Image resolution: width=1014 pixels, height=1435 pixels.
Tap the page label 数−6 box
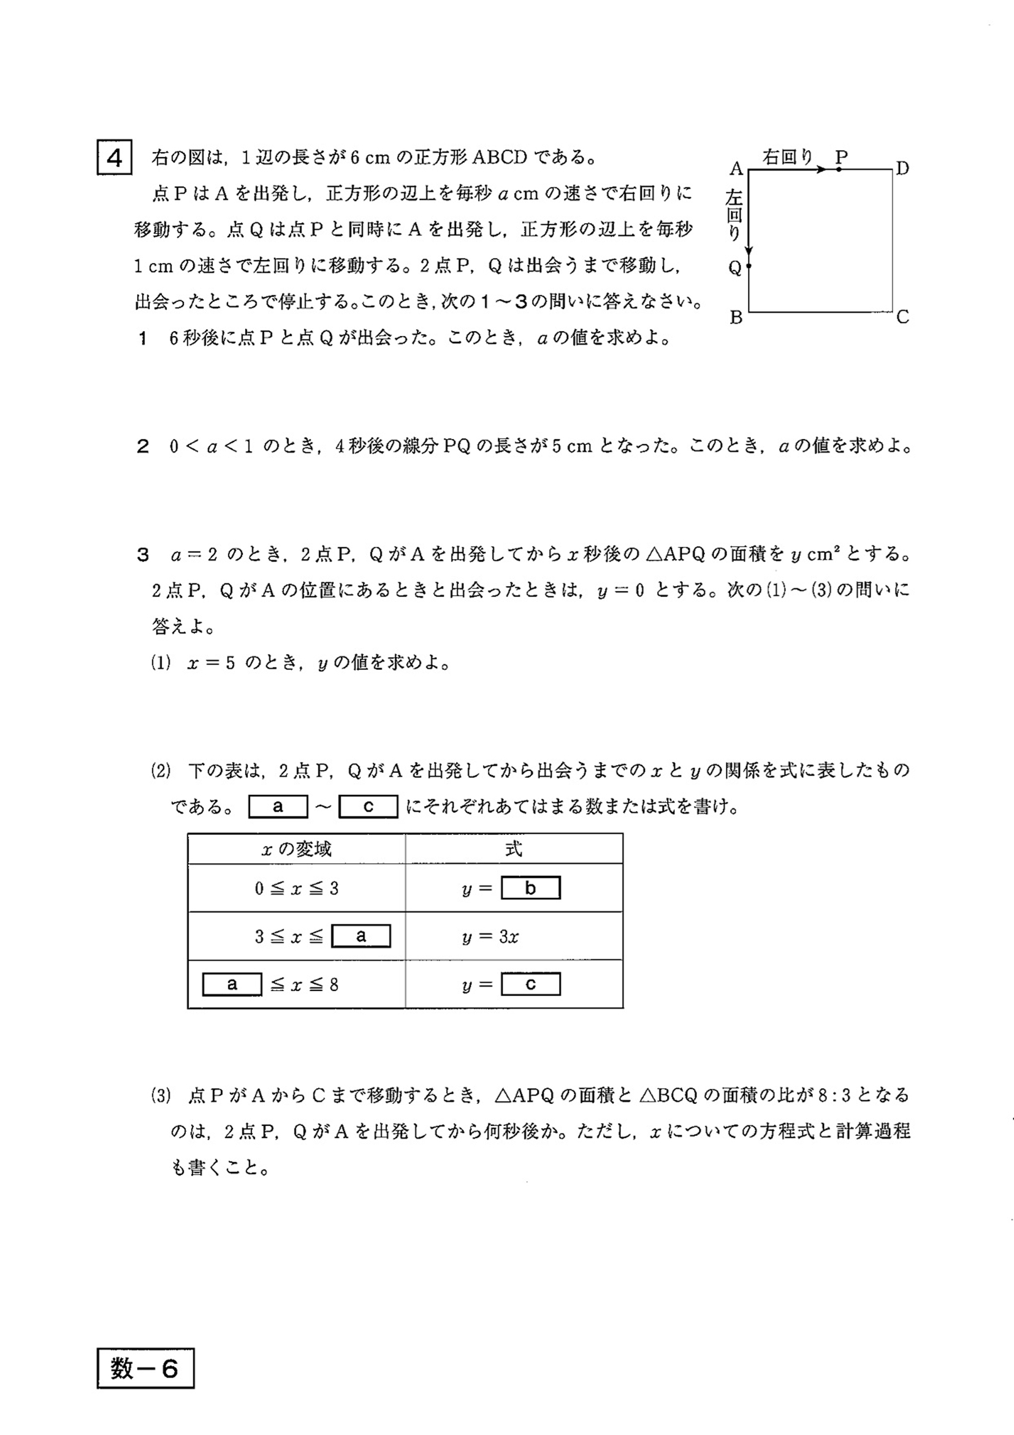[145, 1368]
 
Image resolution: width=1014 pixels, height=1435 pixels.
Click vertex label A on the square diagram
[736, 169]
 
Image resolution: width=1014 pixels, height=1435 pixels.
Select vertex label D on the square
[902, 168]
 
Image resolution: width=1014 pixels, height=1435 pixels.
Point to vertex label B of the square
[736, 318]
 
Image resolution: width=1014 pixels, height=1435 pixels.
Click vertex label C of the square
[902, 318]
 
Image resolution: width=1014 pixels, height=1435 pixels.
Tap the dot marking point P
[838, 169]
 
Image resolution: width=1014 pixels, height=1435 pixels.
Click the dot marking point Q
[749, 266]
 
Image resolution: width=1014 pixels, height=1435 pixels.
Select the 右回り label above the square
[788, 157]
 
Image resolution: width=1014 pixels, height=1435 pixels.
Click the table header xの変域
[296, 849]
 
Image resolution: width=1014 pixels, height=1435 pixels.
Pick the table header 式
[513, 849]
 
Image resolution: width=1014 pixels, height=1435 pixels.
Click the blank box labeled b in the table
[530, 888]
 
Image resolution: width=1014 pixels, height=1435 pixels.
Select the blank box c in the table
[530, 984]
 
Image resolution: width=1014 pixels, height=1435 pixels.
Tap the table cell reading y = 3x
[490, 936]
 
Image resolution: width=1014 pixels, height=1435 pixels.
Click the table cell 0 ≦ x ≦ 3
[296, 888]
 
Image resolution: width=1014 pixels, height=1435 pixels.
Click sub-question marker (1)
[161, 663]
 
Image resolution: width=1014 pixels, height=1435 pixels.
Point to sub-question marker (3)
[161, 1095]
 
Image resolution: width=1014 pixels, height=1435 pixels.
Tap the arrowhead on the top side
[821, 169]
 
